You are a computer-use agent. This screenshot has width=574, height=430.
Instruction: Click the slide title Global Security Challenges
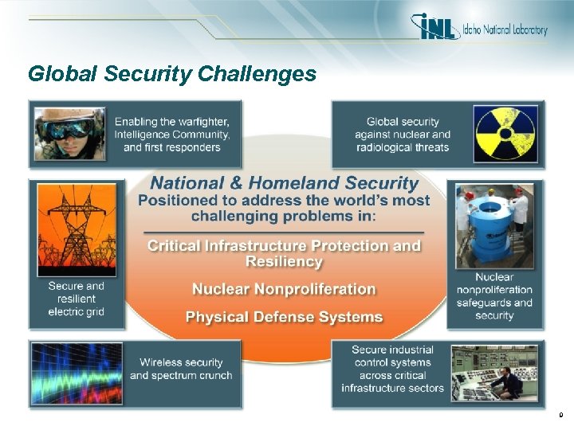pyautogui.click(x=172, y=74)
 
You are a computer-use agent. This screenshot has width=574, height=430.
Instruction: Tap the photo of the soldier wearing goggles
pyautogui.click(x=69, y=133)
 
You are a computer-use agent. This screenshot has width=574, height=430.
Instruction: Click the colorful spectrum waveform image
pyautogui.click(x=77, y=373)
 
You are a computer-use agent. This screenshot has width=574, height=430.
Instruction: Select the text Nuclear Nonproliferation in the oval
pyautogui.click(x=284, y=289)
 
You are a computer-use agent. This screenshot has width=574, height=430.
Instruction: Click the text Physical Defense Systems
pyautogui.click(x=284, y=317)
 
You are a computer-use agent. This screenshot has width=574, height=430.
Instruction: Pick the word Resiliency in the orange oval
pyautogui.click(x=284, y=261)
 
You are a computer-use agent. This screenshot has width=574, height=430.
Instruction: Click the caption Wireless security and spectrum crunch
pyautogui.click(x=181, y=369)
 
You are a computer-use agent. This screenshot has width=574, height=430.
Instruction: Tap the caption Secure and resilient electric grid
pyautogui.click(x=77, y=299)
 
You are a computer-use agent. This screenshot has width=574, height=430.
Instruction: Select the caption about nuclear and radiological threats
pyautogui.click(x=403, y=134)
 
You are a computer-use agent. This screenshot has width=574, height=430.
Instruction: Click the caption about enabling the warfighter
pyautogui.click(x=172, y=134)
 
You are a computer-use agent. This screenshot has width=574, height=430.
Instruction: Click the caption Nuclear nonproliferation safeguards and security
pyautogui.click(x=494, y=296)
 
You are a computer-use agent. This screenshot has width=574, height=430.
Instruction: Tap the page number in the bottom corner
pyautogui.click(x=560, y=414)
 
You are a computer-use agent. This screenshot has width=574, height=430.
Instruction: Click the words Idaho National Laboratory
pyautogui.click(x=505, y=30)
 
